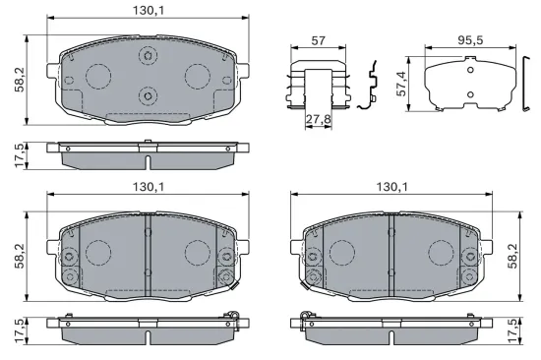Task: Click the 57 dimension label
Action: tap(318, 40)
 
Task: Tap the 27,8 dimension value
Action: tap(319, 119)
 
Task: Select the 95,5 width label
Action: tap(470, 40)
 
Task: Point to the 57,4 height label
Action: tap(401, 84)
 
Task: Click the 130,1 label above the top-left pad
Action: tap(150, 11)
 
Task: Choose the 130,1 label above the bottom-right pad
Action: tap(391, 187)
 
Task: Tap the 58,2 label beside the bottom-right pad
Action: tap(512, 256)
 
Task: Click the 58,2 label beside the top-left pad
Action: tap(20, 80)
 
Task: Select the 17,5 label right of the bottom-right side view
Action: tap(512, 331)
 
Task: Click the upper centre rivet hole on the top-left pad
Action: tap(148, 55)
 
